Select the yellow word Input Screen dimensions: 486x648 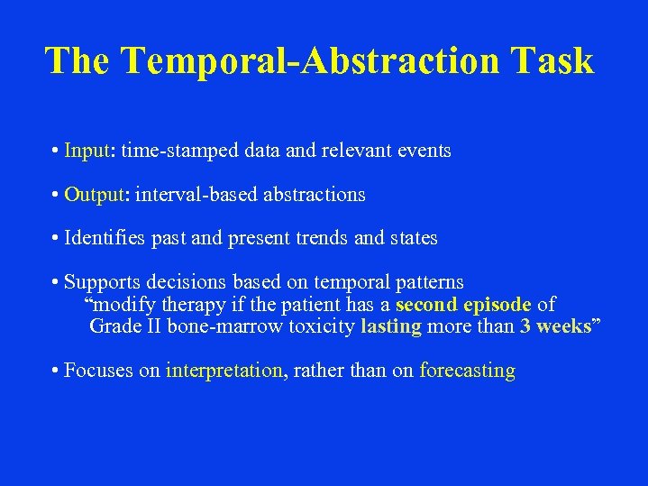click(87, 151)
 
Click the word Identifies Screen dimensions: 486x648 click(104, 239)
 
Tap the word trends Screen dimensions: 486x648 click(321, 239)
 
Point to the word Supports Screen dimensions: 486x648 click(99, 283)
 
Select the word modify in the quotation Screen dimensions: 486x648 click(123, 305)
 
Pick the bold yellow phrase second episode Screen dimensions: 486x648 click(463, 305)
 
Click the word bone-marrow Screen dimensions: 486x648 click(224, 326)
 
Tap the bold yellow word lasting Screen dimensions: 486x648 click(390, 326)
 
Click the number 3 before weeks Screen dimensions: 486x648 click(525, 326)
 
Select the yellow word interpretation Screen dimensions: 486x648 click(224, 371)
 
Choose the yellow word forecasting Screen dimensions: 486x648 click(467, 371)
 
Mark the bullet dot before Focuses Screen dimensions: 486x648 click(56, 371)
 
